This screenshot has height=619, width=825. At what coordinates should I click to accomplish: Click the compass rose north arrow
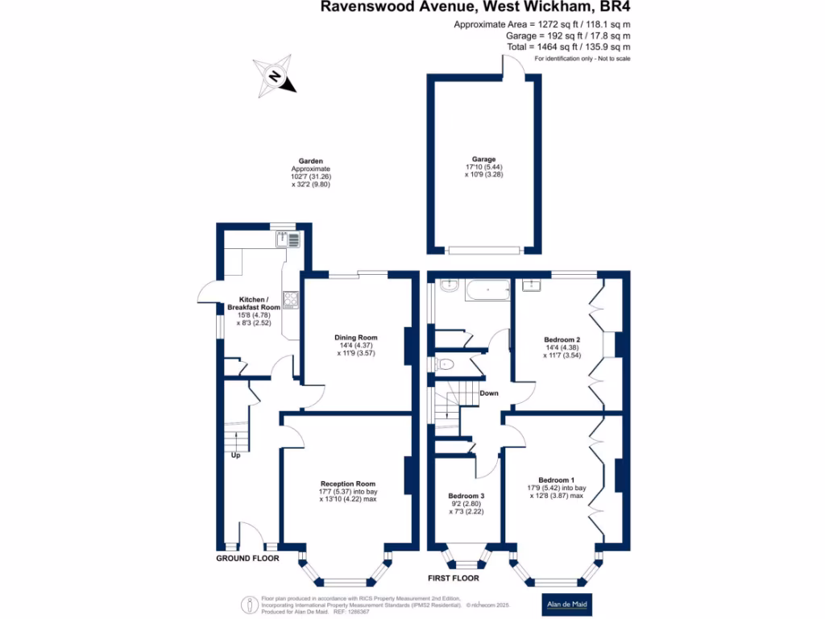point(274,77)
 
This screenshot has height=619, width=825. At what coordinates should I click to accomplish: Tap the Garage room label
point(483,159)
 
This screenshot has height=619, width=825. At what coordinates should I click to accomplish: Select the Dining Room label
point(355,338)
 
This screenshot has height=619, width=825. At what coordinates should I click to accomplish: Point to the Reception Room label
point(348,484)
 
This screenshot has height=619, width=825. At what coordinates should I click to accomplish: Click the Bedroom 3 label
point(466,496)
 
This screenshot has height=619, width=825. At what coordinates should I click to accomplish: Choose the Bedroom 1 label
point(556,480)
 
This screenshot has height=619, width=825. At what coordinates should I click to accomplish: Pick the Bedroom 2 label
point(562,340)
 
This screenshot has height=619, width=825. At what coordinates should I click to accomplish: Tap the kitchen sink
point(288,239)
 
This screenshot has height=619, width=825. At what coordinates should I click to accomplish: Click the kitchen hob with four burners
point(290,300)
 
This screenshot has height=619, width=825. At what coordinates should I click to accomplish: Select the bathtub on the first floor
point(487,290)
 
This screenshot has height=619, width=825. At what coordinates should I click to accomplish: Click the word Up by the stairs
point(236,455)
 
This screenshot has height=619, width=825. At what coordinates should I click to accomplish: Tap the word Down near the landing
point(489,393)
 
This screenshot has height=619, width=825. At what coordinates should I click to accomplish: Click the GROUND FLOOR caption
point(247,559)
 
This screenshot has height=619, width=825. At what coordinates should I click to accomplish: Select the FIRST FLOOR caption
point(454,579)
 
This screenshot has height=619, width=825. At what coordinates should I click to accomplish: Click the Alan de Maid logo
point(566,604)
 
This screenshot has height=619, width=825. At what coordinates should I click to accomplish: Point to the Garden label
point(310,161)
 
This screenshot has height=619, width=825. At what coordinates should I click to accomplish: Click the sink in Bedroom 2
point(532,285)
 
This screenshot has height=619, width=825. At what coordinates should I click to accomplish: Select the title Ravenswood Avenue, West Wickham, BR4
point(475,6)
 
